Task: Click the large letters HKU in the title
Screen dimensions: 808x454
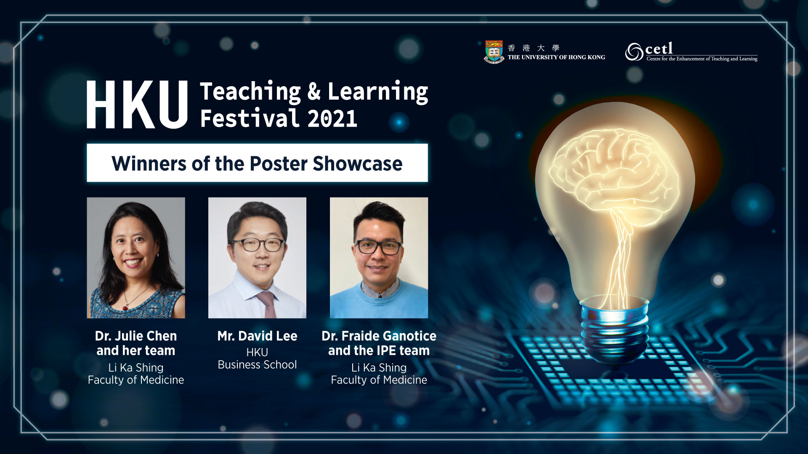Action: (x=137, y=105)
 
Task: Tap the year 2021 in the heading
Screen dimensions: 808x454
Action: (x=332, y=119)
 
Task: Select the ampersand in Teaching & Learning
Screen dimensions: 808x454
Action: (x=314, y=92)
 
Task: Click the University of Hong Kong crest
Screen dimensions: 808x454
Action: (x=494, y=52)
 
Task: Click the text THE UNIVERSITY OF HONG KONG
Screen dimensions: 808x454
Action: (x=556, y=57)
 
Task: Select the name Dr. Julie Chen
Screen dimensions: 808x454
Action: (x=136, y=336)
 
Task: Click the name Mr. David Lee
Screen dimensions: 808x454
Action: (x=257, y=336)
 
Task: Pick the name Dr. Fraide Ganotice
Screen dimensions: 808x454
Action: (x=379, y=336)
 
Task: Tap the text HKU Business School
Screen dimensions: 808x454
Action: (x=257, y=358)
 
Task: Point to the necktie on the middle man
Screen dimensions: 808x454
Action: (x=267, y=304)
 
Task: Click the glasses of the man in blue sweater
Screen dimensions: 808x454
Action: (x=378, y=247)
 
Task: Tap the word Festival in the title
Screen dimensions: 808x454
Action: (x=250, y=119)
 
